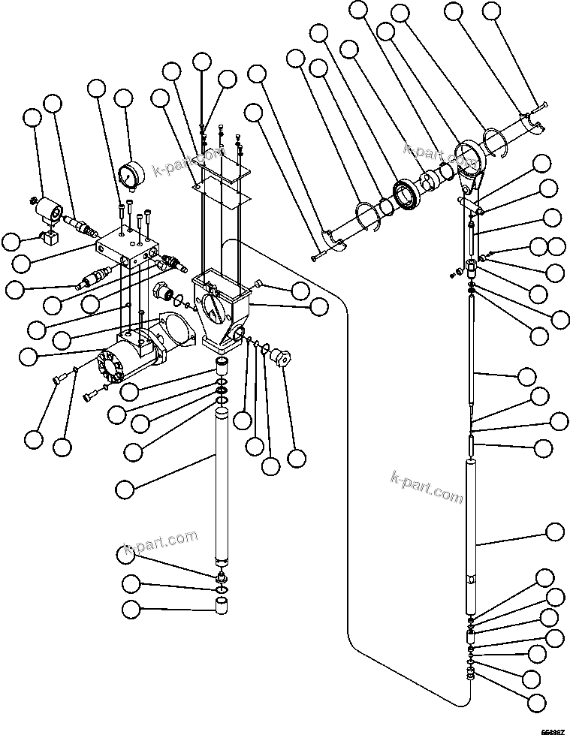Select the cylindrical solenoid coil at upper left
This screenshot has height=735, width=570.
tap(52, 209)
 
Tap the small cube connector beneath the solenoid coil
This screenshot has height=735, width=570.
tap(50, 240)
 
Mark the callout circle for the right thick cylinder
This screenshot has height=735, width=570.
tap(554, 532)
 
